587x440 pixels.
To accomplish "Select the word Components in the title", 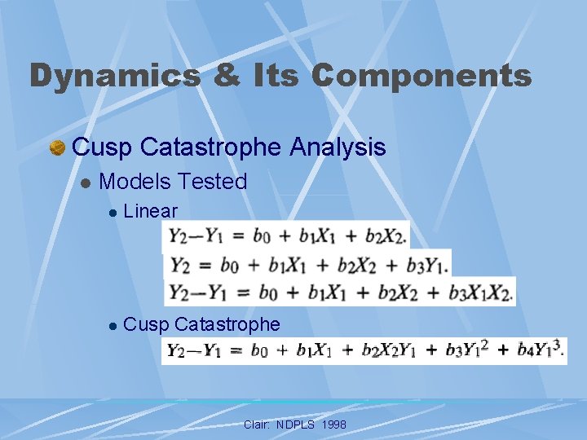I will click(421, 76).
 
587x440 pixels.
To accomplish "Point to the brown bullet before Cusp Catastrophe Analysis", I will click(57, 147).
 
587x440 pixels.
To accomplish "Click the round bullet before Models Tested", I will click(85, 183).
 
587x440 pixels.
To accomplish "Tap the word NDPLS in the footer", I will click(291, 425).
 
